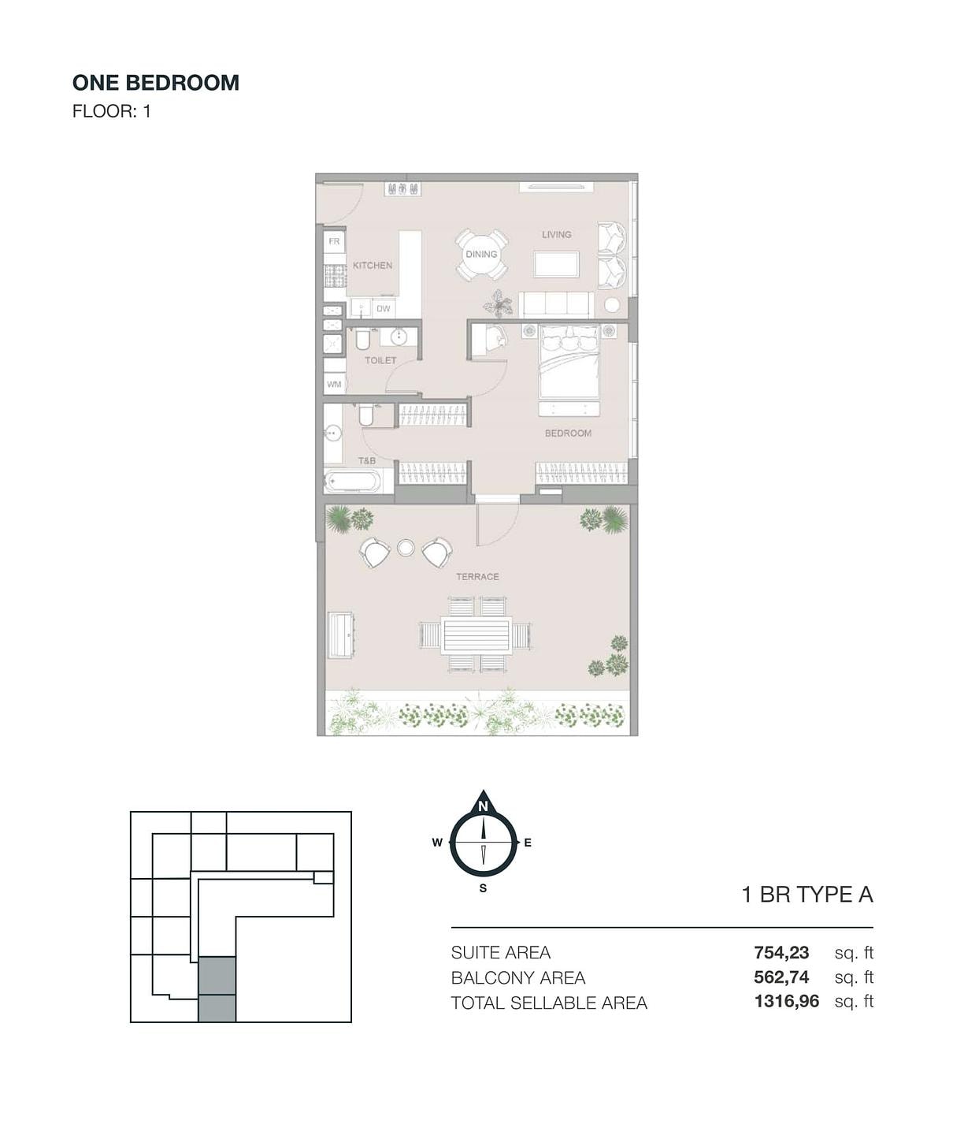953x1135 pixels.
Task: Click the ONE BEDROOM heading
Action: coord(155,83)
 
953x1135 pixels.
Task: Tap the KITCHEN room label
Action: coord(373,266)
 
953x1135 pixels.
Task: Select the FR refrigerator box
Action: coord(334,241)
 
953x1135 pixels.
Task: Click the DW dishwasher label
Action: coord(383,308)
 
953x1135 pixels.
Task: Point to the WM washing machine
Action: coord(334,385)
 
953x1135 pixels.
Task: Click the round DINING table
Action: coord(481,255)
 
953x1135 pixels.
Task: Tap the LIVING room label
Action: coord(556,234)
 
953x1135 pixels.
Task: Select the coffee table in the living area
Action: coord(556,264)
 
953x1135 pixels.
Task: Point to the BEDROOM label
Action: coord(568,434)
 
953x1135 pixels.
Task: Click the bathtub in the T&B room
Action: coord(353,482)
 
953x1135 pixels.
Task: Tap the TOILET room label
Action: coord(380,360)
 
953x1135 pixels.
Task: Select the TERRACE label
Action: coord(477,577)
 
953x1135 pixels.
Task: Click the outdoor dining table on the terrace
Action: coord(476,635)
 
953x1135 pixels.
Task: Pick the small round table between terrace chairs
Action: coord(406,548)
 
